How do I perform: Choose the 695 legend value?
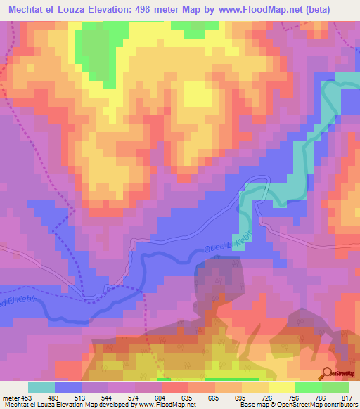pyautogui.click(x=229, y=397)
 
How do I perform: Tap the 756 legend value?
pyautogui.click(x=295, y=397)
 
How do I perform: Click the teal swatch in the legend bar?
pyautogui.click(x=41, y=387)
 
